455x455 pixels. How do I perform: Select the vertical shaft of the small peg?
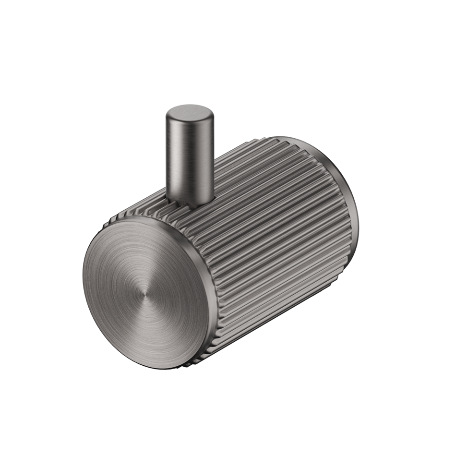pyautogui.click(x=190, y=158)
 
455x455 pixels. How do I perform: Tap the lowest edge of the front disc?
pyautogui.click(x=139, y=367)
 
